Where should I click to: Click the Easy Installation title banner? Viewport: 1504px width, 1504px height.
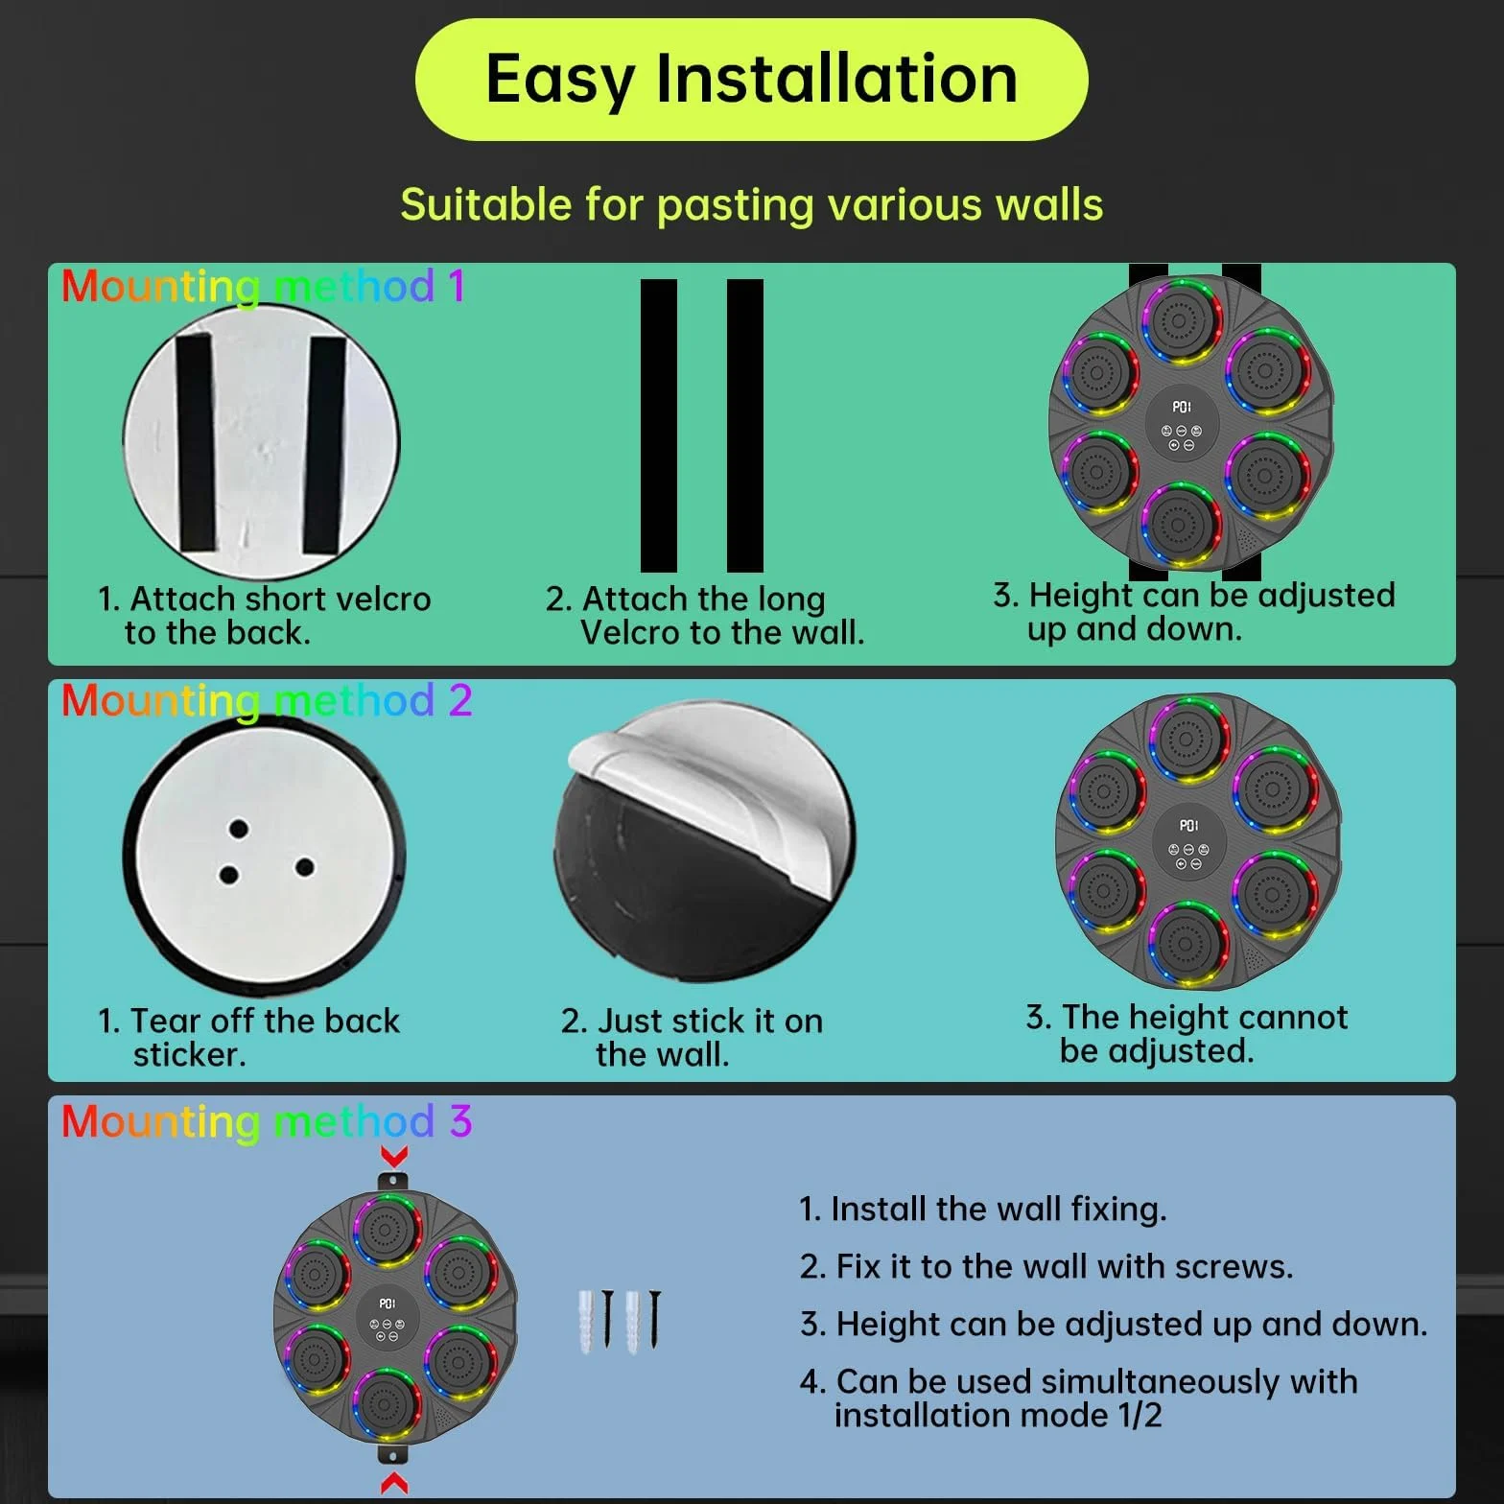[x=751, y=79]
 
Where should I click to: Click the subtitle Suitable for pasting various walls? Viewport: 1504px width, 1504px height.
[x=751, y=205]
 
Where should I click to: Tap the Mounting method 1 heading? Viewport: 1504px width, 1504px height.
[x=263, y=287]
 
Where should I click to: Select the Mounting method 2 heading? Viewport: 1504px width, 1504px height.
[x=266, y=701]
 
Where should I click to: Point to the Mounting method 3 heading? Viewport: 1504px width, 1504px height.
[x=266, y=1121]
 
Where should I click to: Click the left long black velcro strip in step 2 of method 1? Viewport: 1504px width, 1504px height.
[x=659, y=425]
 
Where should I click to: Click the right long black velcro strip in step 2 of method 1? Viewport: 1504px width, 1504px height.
[x=745, y=425]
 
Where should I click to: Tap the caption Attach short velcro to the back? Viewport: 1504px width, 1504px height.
[x=265, y=616]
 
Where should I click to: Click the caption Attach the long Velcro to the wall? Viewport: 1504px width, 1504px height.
[x=705, y=616]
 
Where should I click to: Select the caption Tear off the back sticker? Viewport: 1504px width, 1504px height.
[x=248, y=1037]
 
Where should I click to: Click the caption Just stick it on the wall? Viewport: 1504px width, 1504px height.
[x=692, y=1037]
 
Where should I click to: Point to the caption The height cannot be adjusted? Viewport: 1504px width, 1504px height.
[x=1187, y=1033]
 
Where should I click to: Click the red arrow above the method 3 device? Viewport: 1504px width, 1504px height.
[x=394, y=1155]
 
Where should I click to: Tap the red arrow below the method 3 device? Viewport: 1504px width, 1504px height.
[x=394, y=1483]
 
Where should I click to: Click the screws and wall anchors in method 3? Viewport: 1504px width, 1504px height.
[x=620, y=1321]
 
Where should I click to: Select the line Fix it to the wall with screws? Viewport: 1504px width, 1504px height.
[x=1046, y=1267]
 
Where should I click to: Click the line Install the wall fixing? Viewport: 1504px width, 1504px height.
[x=983, y=1210]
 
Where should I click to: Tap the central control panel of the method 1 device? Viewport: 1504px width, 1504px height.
[x=1182, y=426]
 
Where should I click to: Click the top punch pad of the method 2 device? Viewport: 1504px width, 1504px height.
[x=1187, y=740]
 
